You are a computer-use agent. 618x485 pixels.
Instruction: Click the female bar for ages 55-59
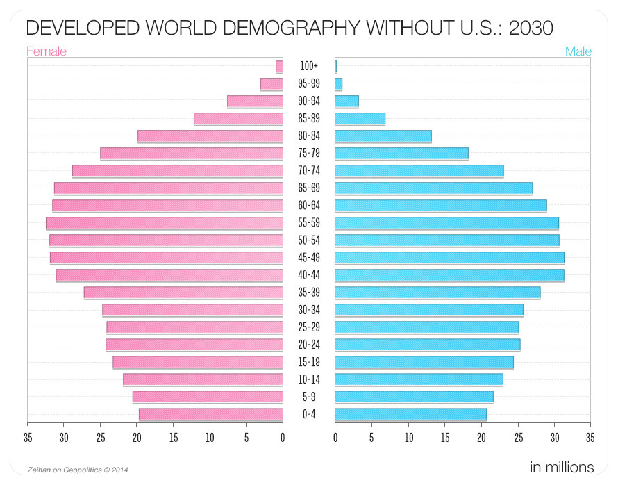(x=165, y=222)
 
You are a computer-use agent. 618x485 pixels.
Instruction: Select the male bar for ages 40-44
(x=449, y=274)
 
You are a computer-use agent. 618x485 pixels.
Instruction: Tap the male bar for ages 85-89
(x=360, y=118)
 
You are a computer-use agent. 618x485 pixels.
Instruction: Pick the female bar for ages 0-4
(x=211, y=414)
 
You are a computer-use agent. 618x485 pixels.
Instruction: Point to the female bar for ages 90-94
(x=255, y=101)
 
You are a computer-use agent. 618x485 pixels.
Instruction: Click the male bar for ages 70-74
(x=419, y=170)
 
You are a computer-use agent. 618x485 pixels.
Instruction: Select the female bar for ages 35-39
(x=183, y=293)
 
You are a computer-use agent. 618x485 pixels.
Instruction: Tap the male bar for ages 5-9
(x=414, y=397)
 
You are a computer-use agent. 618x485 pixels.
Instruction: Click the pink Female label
(x=47, y=51)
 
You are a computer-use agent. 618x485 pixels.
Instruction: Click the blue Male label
(x=578, y=51)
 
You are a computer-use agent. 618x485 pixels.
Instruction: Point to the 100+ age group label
(x=309, y=66)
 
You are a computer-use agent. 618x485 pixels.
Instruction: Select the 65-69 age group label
(x=309, y=188)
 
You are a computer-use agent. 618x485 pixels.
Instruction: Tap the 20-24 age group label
(x=309, y=345)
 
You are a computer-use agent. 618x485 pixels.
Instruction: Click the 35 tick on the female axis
(x=27, y=438)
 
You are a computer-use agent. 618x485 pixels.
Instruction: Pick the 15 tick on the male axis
(x=445, y=438)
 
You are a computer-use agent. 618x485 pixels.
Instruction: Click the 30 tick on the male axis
(x=554, y=438)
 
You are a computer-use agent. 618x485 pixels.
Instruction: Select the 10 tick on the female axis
(x=210, y=438)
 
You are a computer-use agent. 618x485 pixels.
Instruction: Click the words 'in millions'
(x=561, y=466)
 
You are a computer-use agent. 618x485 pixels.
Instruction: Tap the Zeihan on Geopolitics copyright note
(x=78, y=470)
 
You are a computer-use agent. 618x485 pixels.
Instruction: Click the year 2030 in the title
(x=531, y=28)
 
